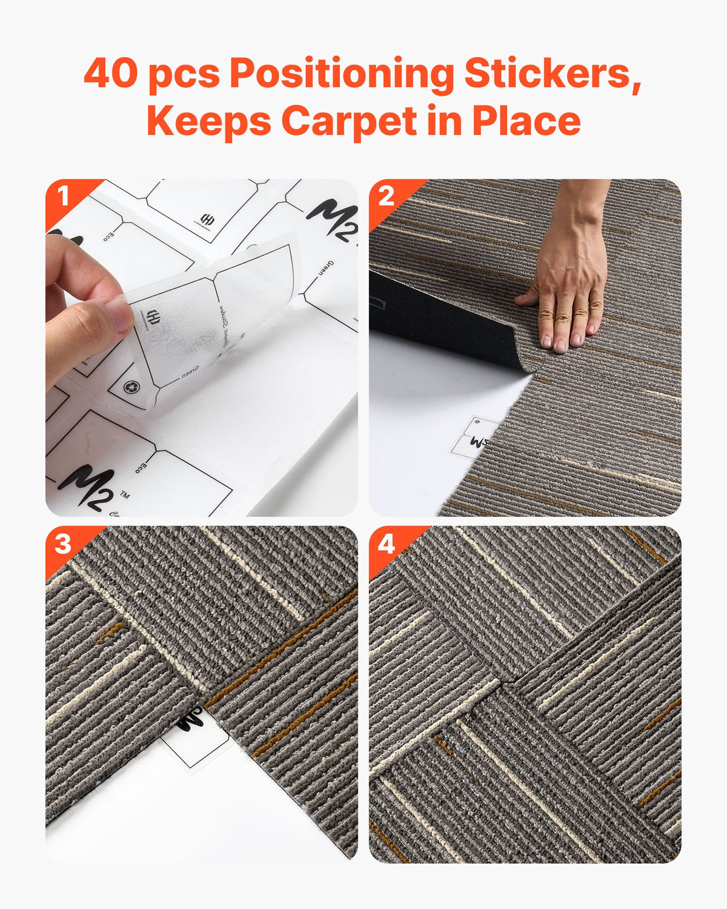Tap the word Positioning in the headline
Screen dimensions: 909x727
pos(341,75)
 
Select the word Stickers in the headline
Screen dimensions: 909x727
pos(552,73)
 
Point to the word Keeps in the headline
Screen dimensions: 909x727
pos(208,121)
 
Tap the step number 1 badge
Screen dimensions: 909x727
pos(62,196)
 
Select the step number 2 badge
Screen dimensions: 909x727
pos(386,196)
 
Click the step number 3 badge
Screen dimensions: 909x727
pos(62,544)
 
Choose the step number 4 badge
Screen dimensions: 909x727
pos(386,544)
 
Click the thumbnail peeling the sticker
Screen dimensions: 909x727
pos(201,347)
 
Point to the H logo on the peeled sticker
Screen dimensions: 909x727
pos(153,317)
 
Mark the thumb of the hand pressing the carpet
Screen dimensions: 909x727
pos(526,299)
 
